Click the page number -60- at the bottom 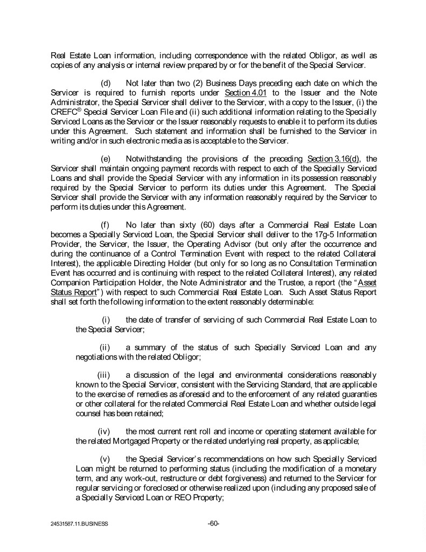[213, 523]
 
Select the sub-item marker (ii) [106, 348]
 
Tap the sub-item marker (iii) [104, 374]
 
